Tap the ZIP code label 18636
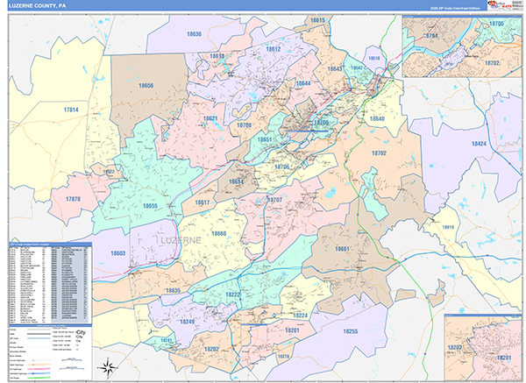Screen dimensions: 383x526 [193, 34]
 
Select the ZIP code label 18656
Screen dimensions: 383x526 [146, 85]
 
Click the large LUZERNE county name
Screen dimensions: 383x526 [181, 238]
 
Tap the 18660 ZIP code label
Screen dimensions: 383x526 [218, 233]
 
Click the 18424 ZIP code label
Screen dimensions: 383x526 [479, 143]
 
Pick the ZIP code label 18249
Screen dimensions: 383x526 [187, 322]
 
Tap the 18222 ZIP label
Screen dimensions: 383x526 [234, 296]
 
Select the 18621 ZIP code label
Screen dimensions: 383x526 [210, 117]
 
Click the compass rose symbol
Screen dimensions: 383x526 [109, 365]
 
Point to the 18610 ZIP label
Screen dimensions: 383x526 [448, 227]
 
